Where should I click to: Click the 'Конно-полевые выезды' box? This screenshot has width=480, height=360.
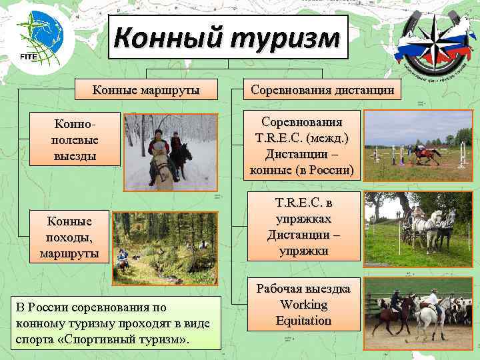click(75, 139)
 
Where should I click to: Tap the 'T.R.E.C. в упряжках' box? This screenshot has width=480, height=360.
click(304, 227)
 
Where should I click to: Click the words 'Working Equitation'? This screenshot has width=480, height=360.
click(304, 313)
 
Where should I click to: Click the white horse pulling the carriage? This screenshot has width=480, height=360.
click(433, 223)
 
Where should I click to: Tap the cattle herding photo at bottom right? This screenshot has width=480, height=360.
click(419, 311)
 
